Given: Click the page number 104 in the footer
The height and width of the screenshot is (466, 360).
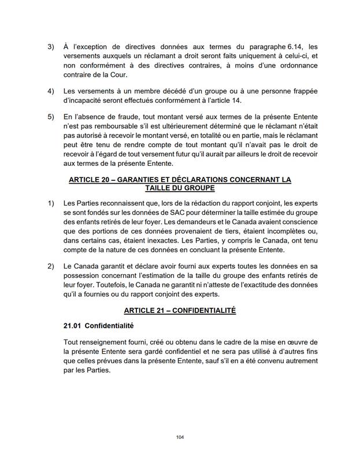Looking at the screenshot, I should [x=179, y=437].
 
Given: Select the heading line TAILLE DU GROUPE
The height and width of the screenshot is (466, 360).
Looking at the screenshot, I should [x=180, y=188].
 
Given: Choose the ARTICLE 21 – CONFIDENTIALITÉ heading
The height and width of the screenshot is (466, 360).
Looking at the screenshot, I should [x=180, y=310].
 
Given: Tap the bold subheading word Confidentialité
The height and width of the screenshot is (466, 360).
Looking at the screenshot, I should [x=109, y=326].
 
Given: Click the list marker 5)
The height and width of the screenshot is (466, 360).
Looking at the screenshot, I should [x=50, y=117].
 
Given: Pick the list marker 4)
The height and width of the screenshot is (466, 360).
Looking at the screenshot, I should [x=50, y=91].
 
